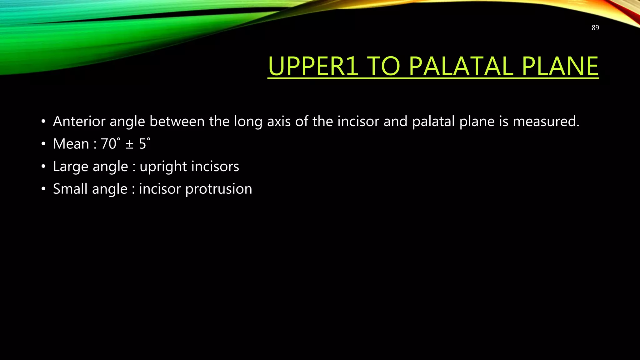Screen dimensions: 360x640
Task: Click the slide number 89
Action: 595,28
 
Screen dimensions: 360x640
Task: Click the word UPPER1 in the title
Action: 313,66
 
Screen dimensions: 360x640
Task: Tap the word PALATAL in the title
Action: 461,66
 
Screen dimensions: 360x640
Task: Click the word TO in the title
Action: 383,66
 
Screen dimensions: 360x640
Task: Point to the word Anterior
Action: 79,121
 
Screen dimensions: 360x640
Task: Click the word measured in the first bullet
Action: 546,121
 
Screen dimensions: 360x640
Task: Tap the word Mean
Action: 71,144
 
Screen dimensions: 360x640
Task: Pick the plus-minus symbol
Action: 129,144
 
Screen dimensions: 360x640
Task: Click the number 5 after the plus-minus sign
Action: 142,144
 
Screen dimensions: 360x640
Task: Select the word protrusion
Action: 218,189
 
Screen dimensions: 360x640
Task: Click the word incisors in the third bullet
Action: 215,166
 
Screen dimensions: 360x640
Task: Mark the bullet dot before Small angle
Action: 43,189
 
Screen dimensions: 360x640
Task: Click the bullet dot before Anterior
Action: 43,121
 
